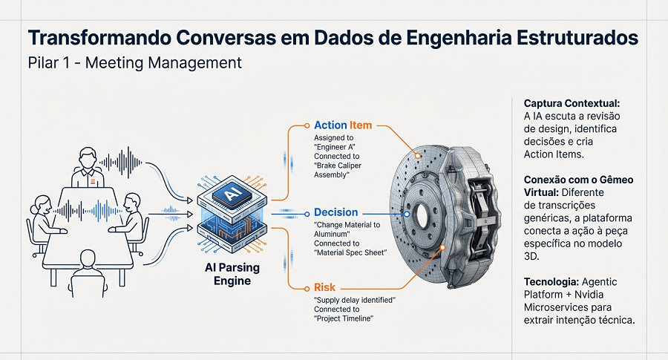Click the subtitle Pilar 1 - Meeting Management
(134, 63)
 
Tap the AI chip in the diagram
(229, 194)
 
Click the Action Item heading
(343, 125)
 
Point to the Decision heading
(336, 212)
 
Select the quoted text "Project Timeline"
(344, 318)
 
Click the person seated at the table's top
(87, 168)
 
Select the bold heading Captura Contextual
(571, 103)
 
